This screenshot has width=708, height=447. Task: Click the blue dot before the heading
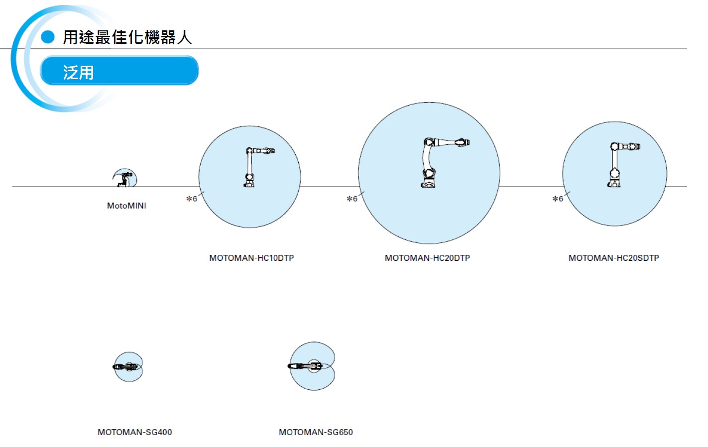(48, 37)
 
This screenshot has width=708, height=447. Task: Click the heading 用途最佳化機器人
(127, 37)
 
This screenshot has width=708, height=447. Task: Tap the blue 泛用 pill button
(119, 71)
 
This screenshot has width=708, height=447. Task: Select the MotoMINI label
(126, 206)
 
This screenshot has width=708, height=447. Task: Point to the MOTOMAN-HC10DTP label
(251, 258)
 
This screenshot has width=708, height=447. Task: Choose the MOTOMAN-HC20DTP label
(427, 258)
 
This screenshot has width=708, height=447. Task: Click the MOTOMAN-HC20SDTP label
(614, 258)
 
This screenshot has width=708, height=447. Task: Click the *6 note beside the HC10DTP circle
(192, 199)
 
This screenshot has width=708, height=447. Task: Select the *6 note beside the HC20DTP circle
(352, 199)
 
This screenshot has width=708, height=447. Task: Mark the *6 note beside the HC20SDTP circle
(558, 199)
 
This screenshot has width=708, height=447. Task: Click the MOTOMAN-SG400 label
(134, 432)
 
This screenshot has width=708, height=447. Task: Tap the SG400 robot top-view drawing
(125, 367)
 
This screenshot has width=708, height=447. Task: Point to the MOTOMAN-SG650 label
(316, 432)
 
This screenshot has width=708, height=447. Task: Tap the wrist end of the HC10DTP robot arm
(270, 151)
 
